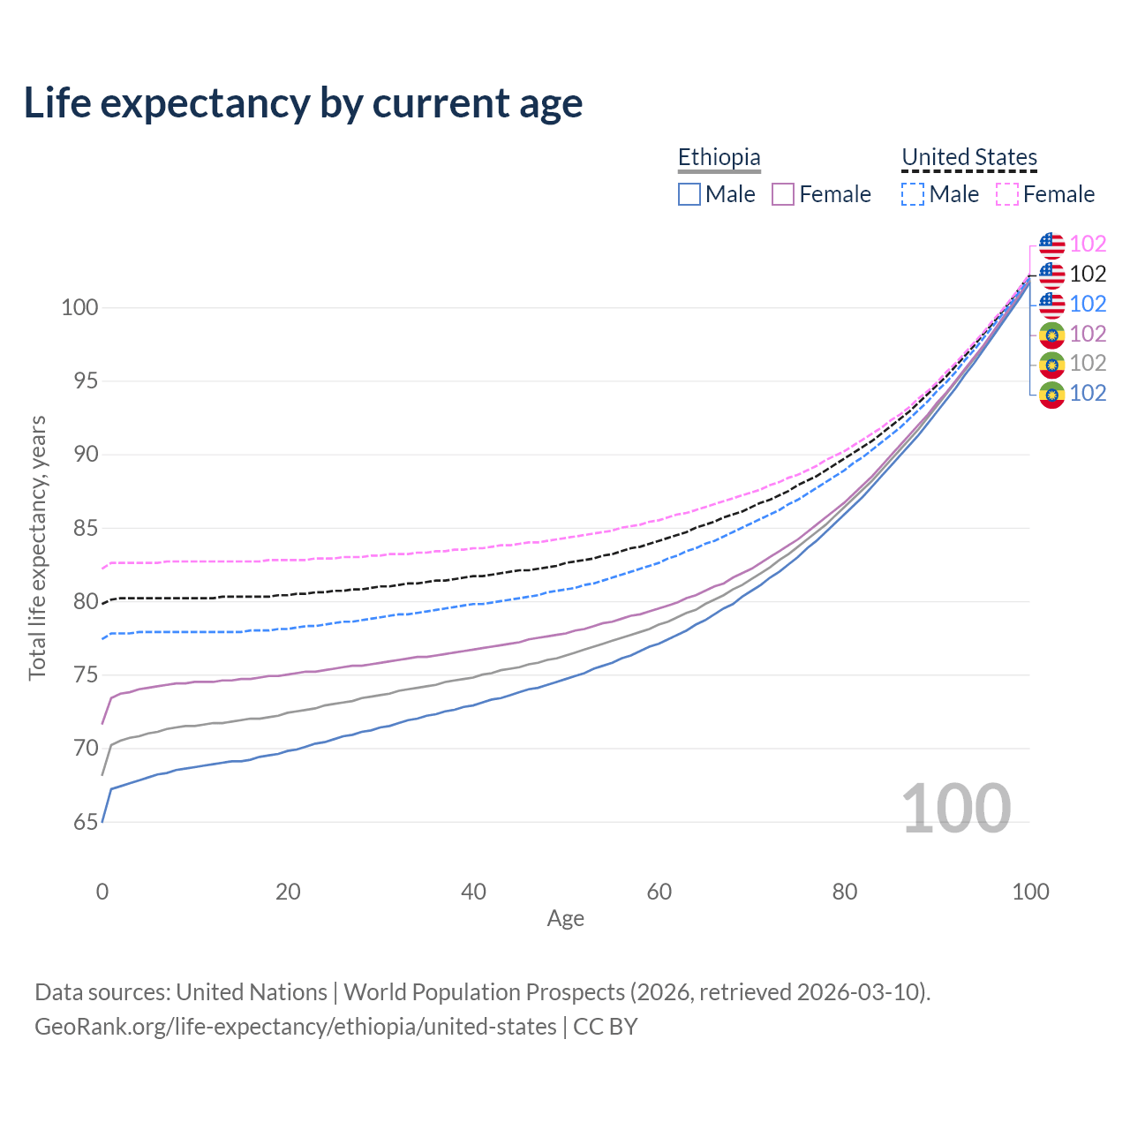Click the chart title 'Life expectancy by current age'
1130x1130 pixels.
pos(303,103)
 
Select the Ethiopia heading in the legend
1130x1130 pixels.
pos(719,157)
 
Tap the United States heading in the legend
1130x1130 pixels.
pos(968,157)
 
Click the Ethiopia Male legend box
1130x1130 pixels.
pos(689,194)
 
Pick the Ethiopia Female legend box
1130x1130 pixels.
pos(783,194)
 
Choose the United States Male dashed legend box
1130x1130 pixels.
pos(913,194)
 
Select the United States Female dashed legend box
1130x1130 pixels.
pos(1007,194)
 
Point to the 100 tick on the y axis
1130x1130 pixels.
pos(79,308)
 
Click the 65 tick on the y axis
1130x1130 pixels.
pos(86,823)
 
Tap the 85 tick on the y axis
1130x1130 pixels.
pos(86,529)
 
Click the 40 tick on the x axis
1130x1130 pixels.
pos(473,892)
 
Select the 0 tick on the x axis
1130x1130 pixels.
pos(102,892)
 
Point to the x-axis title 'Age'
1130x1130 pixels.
pos(565,919)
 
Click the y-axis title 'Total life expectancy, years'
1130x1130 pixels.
pos(37,548)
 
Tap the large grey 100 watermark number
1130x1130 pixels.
pos(956,809)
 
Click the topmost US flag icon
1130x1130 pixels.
pos(1051,245)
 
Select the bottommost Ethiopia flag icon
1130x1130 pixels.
pos(1051,394)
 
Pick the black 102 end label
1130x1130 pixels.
pos(1088,275)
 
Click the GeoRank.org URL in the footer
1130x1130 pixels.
pos(296,1027)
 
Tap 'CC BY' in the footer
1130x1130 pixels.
pos(606,1027)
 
